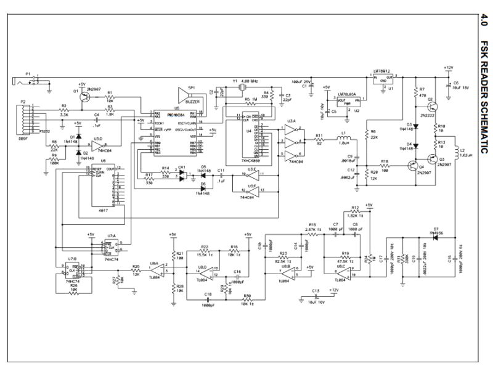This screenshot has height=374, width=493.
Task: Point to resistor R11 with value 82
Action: pos(319,139)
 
